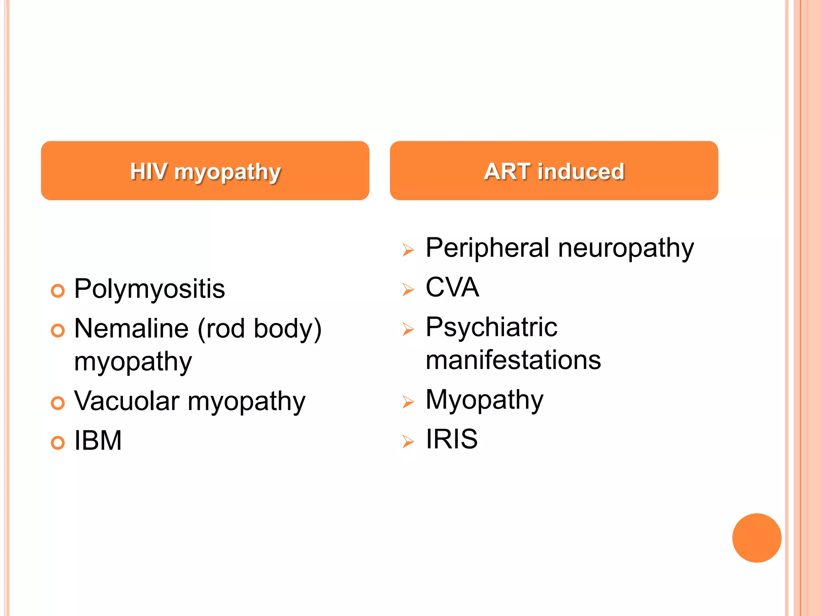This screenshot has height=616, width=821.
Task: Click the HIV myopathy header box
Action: [205, 171]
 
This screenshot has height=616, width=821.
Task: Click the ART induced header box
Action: [554, 171]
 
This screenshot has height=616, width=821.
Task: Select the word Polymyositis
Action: [150, 289]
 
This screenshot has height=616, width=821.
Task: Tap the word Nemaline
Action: [131, 328]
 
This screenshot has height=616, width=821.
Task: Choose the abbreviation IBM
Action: [98, 440]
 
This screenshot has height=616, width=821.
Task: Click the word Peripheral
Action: [487, 247]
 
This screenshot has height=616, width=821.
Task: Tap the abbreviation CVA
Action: [452, 287]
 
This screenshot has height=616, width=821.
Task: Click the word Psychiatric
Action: [491, 327]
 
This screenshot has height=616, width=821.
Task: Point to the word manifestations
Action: [513, 360]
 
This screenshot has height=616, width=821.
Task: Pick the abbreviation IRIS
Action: [451, 439]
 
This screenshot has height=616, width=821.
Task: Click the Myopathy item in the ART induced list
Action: [484, 400]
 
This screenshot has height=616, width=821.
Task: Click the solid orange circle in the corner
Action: [756, 538]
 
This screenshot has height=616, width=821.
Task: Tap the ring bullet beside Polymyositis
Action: [58, 291]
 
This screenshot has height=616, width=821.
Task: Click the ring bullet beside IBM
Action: [58, 443]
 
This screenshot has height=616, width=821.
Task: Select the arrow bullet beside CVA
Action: [408, 290]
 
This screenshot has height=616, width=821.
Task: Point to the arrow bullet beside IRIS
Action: [408, 442]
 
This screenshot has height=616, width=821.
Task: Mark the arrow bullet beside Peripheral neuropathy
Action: [408, 250]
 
